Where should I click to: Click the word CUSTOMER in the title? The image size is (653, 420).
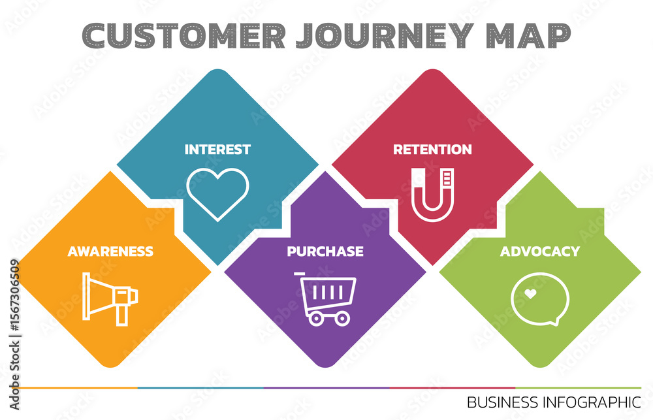[x=183, y=35]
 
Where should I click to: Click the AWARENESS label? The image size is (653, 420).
[x=110, y=251]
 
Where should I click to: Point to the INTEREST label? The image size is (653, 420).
[x=217, y=149]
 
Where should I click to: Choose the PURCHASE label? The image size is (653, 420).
[x=325, y=251]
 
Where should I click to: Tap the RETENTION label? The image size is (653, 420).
[x=432, y=149]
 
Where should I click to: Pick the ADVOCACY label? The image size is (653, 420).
[x=540, y=251]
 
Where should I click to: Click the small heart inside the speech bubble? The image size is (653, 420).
[x=530, y=294]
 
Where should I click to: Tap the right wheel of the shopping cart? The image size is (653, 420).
[x=342, y=319]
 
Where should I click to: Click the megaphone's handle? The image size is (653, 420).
[x=121, y=315]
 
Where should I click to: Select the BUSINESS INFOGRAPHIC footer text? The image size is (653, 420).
[x=554, y=402]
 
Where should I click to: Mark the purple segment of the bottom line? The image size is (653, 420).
[x=326, y=388]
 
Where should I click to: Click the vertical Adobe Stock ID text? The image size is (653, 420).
[x=14, y=335]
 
